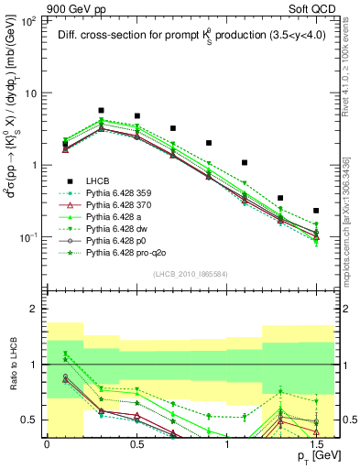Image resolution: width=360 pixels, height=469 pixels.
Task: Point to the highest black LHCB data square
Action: click(101, 110)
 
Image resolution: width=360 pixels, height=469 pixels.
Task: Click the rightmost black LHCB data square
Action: click(316, 211)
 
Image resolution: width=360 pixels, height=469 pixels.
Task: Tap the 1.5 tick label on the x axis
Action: click(316, 441)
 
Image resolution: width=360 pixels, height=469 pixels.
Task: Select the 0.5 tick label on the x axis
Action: click(136, 441)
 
